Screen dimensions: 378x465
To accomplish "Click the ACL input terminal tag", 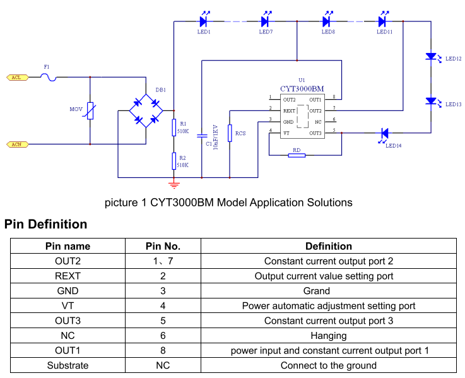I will point(17,77).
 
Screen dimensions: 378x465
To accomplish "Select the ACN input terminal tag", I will point(17,145).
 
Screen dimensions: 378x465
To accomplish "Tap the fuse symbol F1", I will point(49,77).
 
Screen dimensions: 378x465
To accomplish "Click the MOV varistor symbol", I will point(90,111).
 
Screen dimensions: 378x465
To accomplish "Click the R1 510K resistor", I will point(174,128).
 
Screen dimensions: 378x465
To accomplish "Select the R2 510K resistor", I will point(174,161).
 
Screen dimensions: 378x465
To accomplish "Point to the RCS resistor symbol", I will point(230,133).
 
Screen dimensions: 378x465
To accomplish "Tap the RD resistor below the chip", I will point(297,155).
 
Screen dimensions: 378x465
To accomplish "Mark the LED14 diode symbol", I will point(384,133).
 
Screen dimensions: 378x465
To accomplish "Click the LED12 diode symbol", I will point(432,57).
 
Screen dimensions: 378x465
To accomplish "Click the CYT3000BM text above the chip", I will point(302,89).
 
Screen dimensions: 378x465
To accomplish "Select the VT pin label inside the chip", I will point(286,133).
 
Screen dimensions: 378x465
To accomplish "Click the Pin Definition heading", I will point(45,224).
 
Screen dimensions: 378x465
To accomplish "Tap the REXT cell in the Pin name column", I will point(68,276).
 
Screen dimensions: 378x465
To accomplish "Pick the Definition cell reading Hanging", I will point(329,335).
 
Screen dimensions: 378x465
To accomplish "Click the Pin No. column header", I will point(163,246).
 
